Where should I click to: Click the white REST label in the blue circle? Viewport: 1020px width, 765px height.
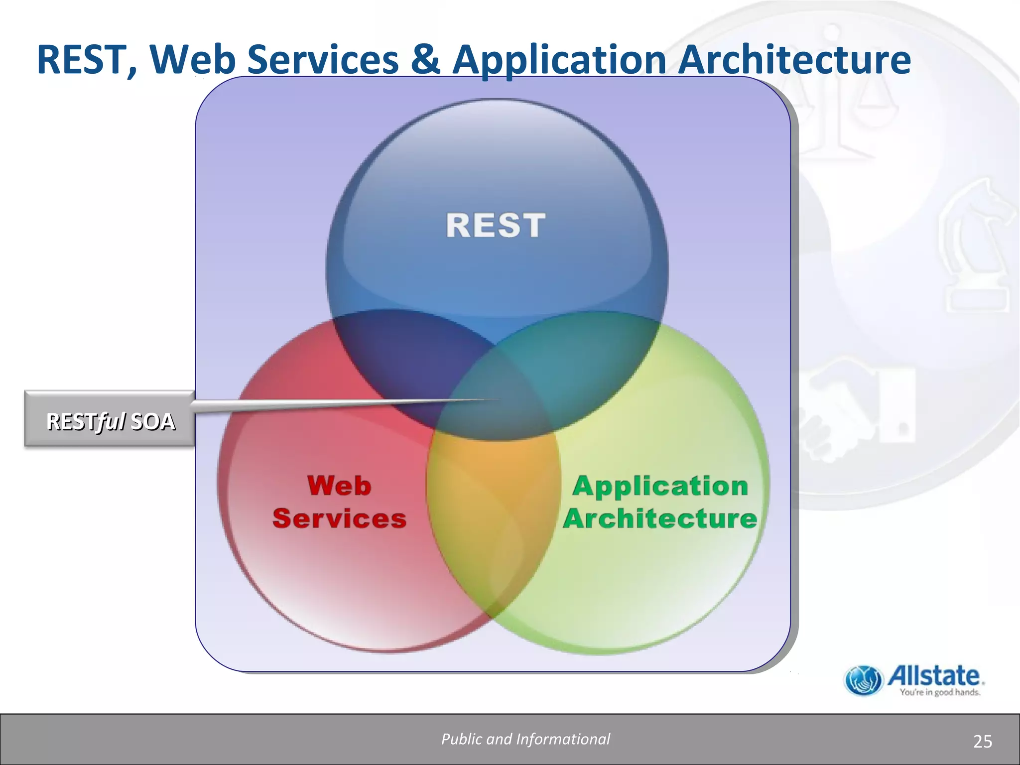[x=496, y=225]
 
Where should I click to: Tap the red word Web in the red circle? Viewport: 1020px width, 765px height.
[x=339, y=486]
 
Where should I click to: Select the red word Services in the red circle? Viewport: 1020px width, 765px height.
[x=339, y=518]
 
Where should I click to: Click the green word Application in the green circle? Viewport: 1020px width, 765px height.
[x=660, y=486]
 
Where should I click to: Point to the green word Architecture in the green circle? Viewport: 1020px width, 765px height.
[x=660, y=518]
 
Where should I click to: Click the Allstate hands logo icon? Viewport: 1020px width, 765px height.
[x=863, y=680]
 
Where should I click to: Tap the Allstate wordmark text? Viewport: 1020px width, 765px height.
[x=934, y=676]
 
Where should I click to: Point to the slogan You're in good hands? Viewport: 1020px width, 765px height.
[x=940, y=692]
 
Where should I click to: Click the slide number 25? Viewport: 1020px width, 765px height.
[x=982, y=742]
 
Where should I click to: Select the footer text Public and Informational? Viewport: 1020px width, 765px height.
[x=525, y=739]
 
